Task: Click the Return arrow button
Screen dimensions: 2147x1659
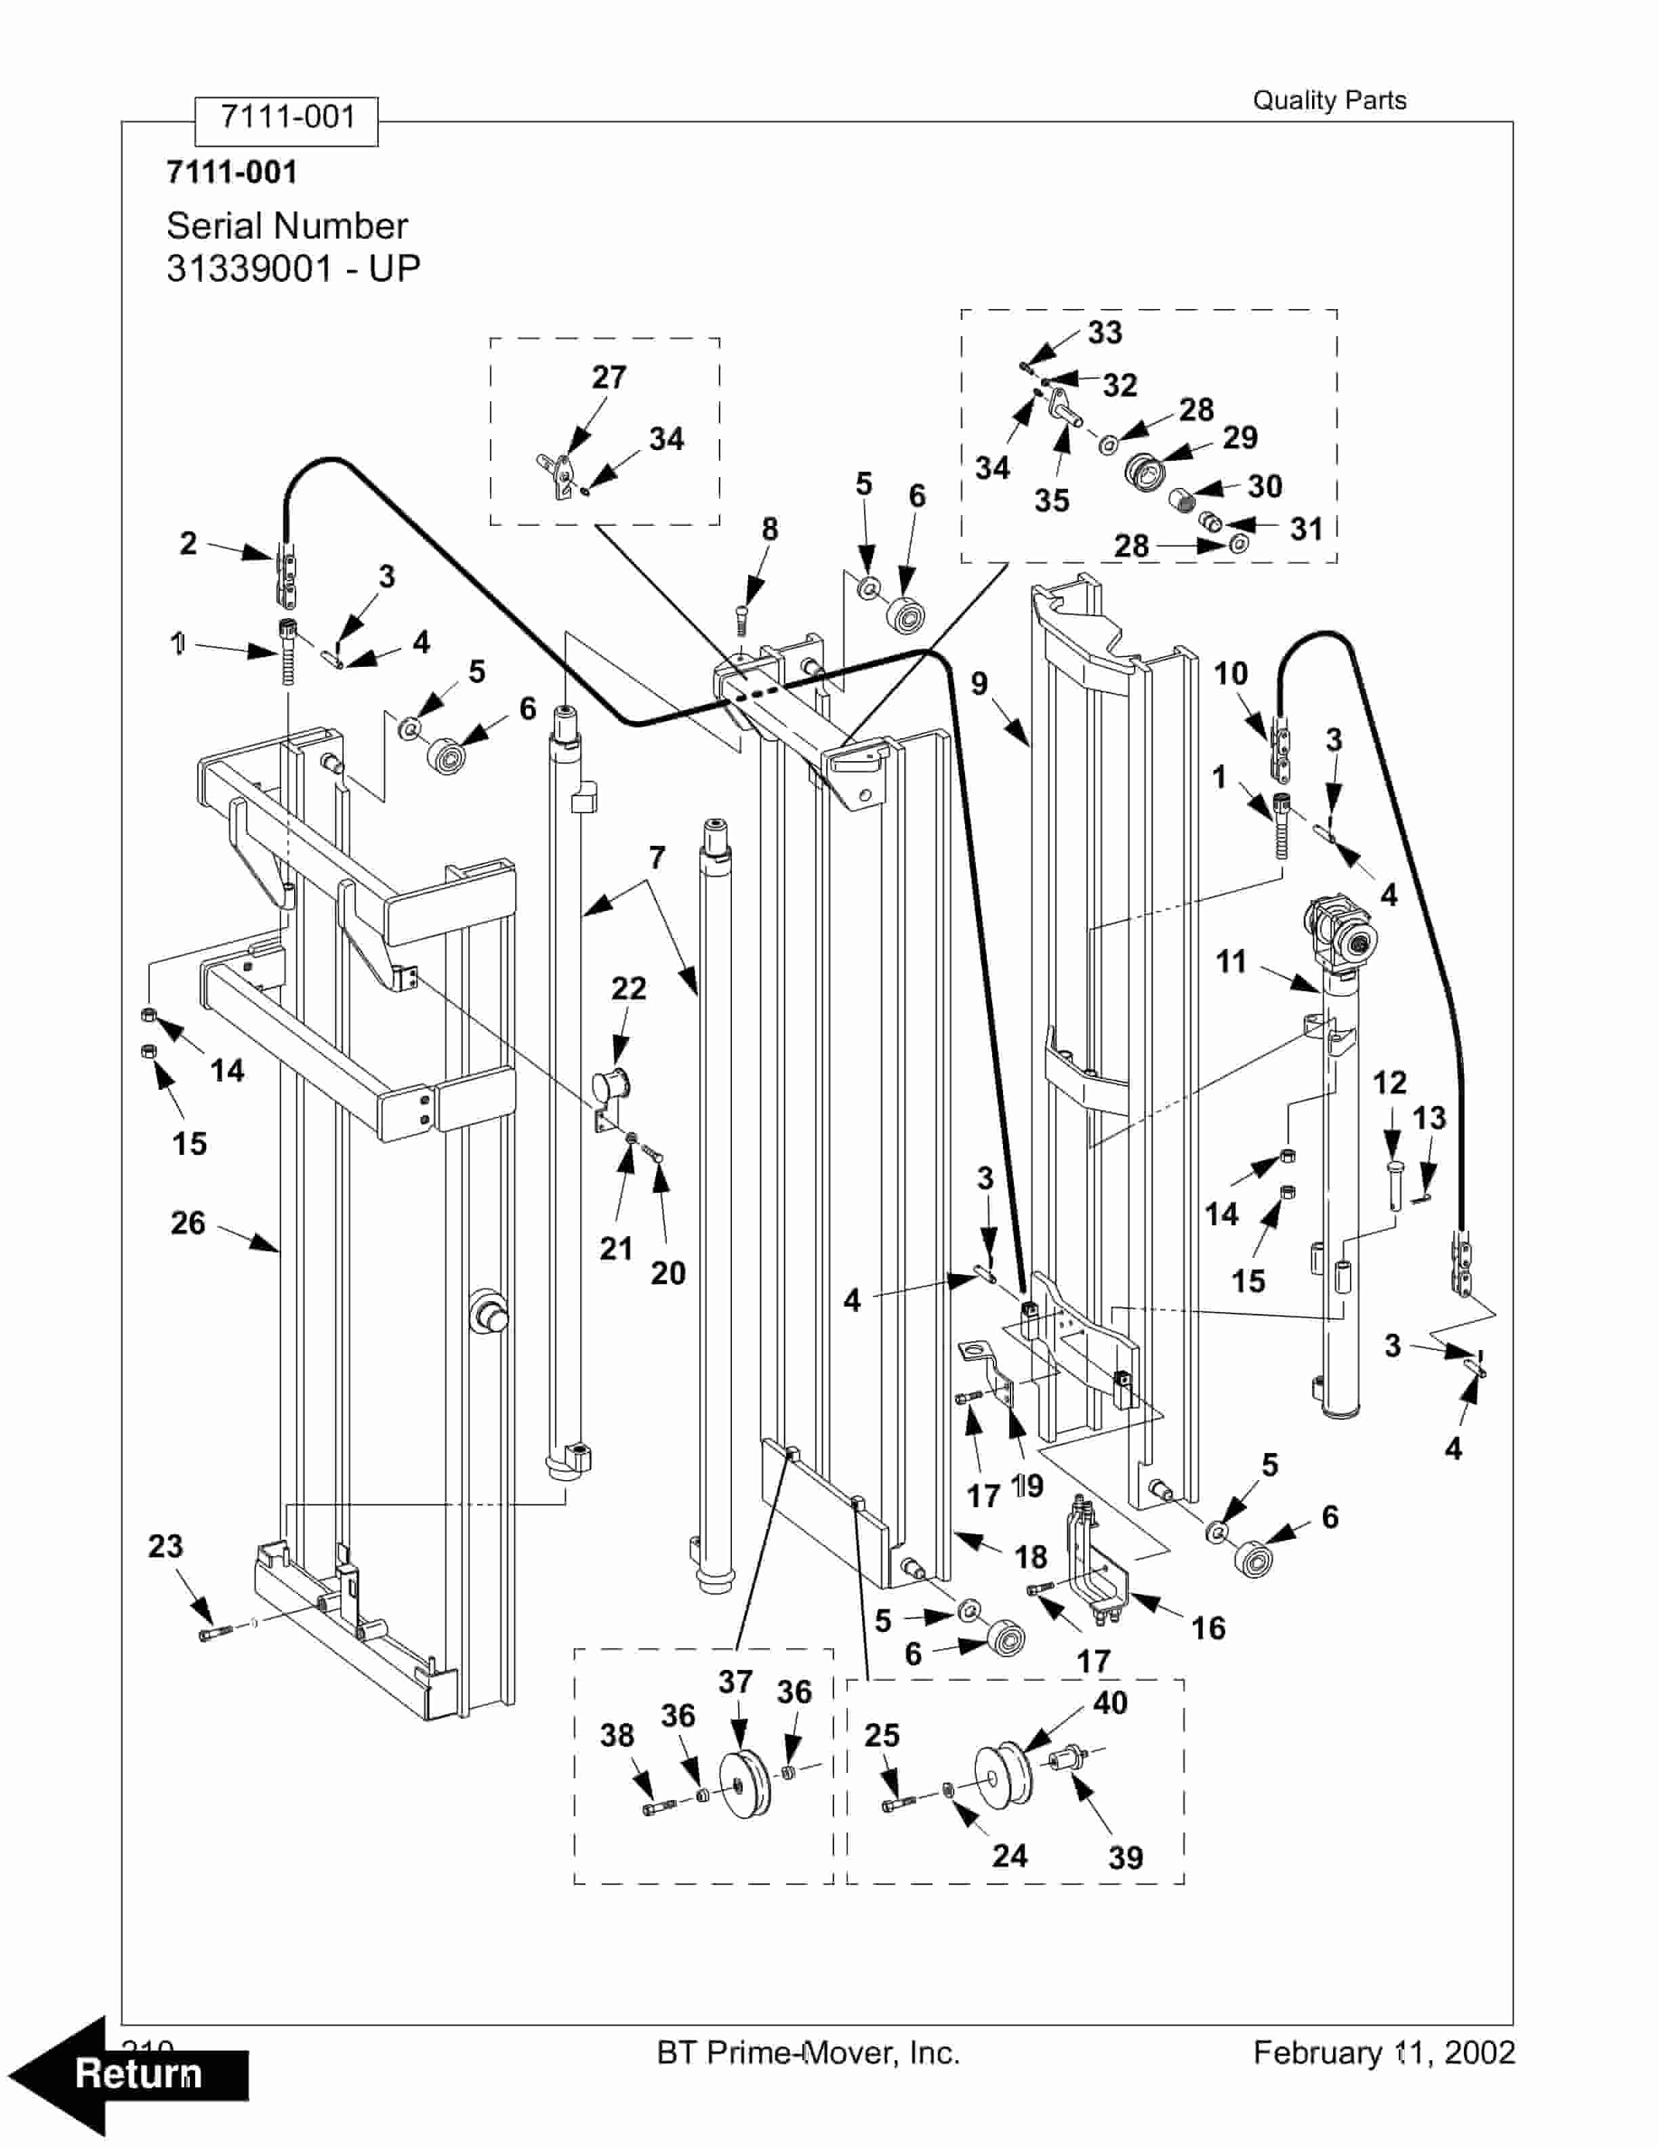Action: click(128, 2074)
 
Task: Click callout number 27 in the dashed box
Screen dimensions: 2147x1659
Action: click(609, 377)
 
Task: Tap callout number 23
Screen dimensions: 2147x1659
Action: click(165, 1547)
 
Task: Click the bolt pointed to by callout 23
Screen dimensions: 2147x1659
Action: click(214, 1634)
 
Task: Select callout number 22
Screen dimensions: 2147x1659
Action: click(629, 988)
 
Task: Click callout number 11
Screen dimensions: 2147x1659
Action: click(1231, 962)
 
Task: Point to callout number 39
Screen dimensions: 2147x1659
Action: click(1126, 1858)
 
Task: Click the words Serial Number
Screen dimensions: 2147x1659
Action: click(286, 226)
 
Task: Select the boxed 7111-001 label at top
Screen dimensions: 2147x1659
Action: click(287, 118)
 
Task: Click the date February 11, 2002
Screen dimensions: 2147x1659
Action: click(1384, 2053)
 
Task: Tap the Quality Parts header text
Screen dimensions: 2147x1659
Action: click(1329, 100)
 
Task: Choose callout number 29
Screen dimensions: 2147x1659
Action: click(1240, 437)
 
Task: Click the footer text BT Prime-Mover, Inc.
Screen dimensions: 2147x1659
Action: click(808, 2053)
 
